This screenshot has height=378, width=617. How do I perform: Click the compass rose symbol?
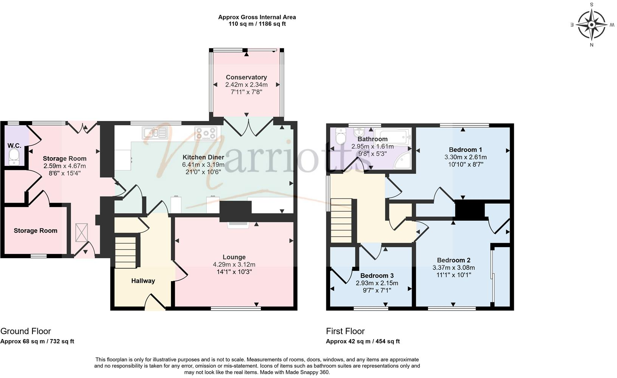pos(592,25)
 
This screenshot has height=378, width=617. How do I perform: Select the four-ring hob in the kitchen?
pos(206,133)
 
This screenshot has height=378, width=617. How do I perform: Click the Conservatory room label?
pos(246,77)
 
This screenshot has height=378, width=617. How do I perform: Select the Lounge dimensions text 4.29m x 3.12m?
pos(234,265)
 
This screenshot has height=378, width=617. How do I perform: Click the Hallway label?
pos(143,281)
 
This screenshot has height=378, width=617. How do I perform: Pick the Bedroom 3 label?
pos(377,276)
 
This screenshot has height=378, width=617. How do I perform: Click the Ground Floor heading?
pos(26,332)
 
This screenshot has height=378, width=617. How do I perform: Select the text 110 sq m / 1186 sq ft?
pos(257,24)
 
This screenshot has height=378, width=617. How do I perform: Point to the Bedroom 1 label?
pos(465,150)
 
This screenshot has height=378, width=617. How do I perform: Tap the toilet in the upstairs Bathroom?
pos(341,138)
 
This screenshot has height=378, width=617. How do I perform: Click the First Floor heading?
pos(345,332)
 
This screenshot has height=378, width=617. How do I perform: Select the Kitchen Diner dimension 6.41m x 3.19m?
pos(203,165)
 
